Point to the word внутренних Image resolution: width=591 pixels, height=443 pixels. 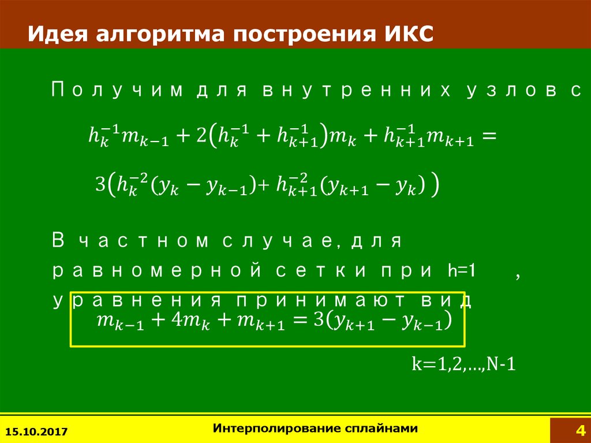click(x=357, y=91)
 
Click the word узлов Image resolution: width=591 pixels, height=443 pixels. click(x=512, y=91)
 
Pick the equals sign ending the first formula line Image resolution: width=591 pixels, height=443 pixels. click(x=489, y=136)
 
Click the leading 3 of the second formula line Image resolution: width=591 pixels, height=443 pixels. click(x=100, y=184)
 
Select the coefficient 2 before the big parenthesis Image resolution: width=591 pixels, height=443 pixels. click(x=201, y=136)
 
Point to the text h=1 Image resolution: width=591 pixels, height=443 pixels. click(x=462, y=271)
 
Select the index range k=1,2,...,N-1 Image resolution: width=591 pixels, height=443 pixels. click(x=464, y=364)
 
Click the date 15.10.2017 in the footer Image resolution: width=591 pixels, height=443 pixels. click(x=36, y=431)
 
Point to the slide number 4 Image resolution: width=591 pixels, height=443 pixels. click(x=581, y=430)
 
